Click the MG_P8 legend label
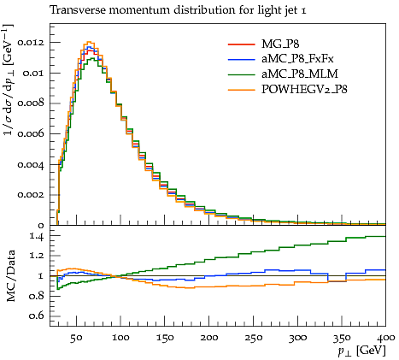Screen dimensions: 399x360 (x=280, y=44)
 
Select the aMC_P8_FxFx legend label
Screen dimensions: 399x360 (x=297, y=59)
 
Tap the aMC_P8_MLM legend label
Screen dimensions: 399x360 (x=300, y=74)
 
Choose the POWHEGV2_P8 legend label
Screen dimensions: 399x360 (x=304, y=90)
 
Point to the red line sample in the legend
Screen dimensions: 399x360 (x=241, y=44)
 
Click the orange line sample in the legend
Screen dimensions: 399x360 (x=241, y=90)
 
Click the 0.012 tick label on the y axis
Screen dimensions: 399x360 (x=31, y=43)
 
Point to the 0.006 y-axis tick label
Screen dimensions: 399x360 (x=31, y=133)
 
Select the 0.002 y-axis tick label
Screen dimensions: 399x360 (x=31, y=195)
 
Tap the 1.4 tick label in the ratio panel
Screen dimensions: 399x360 (x=37, y=237)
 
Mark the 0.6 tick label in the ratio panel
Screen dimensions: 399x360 (x=37, y=316)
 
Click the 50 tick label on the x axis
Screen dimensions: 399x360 (x=76, y=338)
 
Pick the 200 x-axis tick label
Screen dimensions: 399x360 (x=209, y=338)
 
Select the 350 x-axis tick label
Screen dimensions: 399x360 (x=342, y=338)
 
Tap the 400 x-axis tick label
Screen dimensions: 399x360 (x=386, y=338)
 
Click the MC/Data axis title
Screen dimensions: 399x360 (x=10, y=275)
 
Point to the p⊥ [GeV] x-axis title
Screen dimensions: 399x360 (x=362, y=351)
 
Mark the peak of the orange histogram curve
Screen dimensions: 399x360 (x=89, y=42)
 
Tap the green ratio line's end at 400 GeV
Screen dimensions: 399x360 (x=385, y=236)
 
